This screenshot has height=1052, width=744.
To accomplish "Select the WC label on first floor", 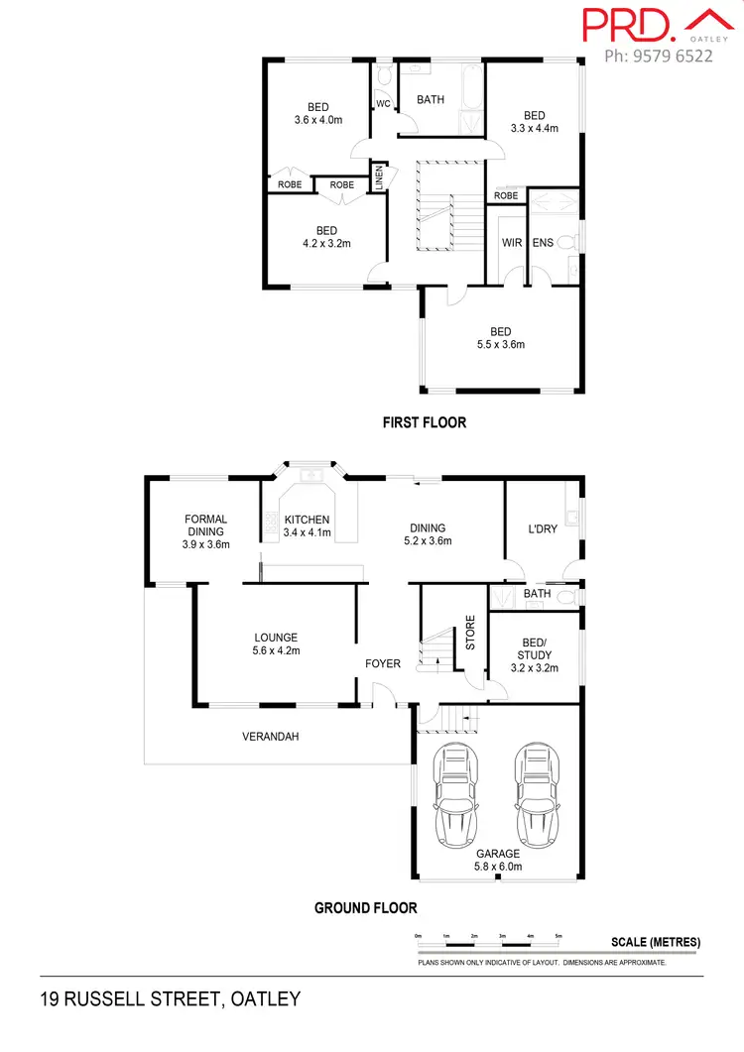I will pos(383,103).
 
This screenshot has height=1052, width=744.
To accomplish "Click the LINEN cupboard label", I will pos(378,179).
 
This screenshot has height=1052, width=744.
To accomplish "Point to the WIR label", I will pos(512,242).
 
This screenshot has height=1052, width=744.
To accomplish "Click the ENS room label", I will pos(543,242).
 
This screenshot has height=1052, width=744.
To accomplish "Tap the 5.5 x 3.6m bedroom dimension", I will pos(500,345).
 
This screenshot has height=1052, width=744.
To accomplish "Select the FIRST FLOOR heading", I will pos(425,422).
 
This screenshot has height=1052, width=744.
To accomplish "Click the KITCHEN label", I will pos(307,521).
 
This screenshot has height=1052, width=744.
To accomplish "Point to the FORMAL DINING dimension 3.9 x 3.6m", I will pos(205,544).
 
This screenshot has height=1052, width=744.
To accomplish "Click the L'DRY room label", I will pos(543,529).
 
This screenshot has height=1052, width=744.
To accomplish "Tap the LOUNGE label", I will pos(276,638).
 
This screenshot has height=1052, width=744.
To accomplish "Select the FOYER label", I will pos(383,663).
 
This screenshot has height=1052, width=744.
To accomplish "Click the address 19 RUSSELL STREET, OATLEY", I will pos(170,998).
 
